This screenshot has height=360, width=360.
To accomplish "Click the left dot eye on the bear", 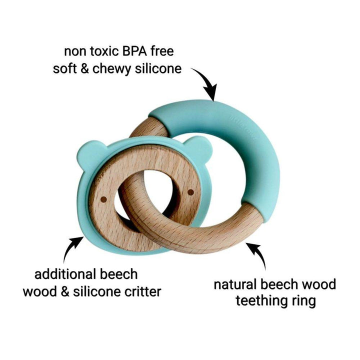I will (102, 199).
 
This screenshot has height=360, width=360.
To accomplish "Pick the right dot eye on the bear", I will (190, 191).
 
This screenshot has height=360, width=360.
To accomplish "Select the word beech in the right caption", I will (279, 285).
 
